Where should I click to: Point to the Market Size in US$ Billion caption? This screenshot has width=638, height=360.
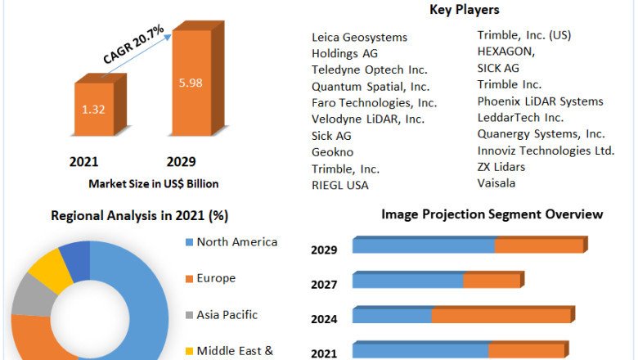click(153, 183)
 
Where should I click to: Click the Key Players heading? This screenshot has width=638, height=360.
click(465, 10)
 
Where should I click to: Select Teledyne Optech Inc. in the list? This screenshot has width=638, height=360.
click(370, 70)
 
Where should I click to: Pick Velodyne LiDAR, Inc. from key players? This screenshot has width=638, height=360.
click(368, 119)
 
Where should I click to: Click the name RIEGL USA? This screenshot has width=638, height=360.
click(340, 185)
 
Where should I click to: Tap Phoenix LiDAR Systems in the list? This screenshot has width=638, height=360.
click(540, 101)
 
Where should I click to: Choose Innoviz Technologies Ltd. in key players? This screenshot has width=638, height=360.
click(546, 151)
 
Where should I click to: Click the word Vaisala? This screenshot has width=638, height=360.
click(496, 183)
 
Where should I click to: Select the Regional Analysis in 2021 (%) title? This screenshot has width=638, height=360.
click(140, 216)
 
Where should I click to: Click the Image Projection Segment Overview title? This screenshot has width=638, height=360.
click(492, 214)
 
